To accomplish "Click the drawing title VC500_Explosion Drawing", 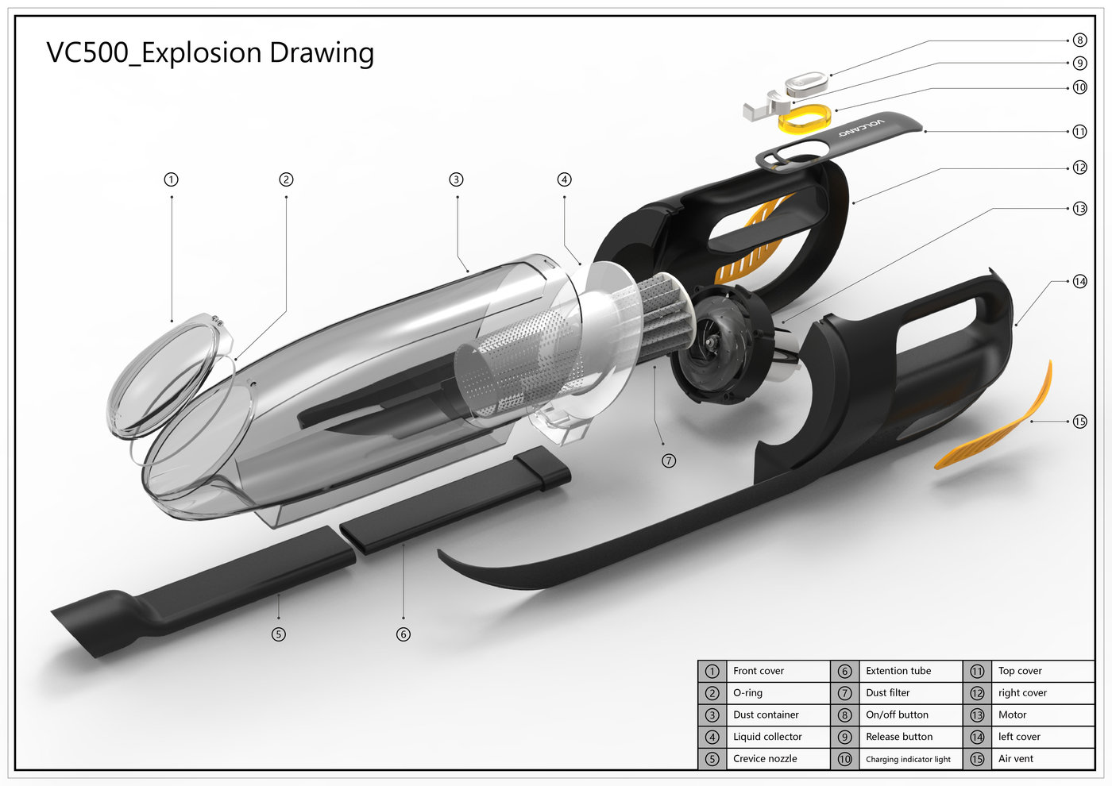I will [210, 53].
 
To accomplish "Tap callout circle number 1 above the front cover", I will [172, 179].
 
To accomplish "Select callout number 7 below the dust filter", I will [669, 460].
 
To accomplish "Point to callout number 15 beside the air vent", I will [1079, 422].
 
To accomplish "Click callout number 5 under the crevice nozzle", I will [278, 634].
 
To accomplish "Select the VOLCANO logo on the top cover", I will [860, 128].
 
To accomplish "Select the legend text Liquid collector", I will [767, 737].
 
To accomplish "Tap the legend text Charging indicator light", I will [908, 760].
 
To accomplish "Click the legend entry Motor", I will [1012, 715].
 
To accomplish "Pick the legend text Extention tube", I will [898, 671].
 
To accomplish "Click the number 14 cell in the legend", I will [977, 737].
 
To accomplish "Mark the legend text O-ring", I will [747, 693].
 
